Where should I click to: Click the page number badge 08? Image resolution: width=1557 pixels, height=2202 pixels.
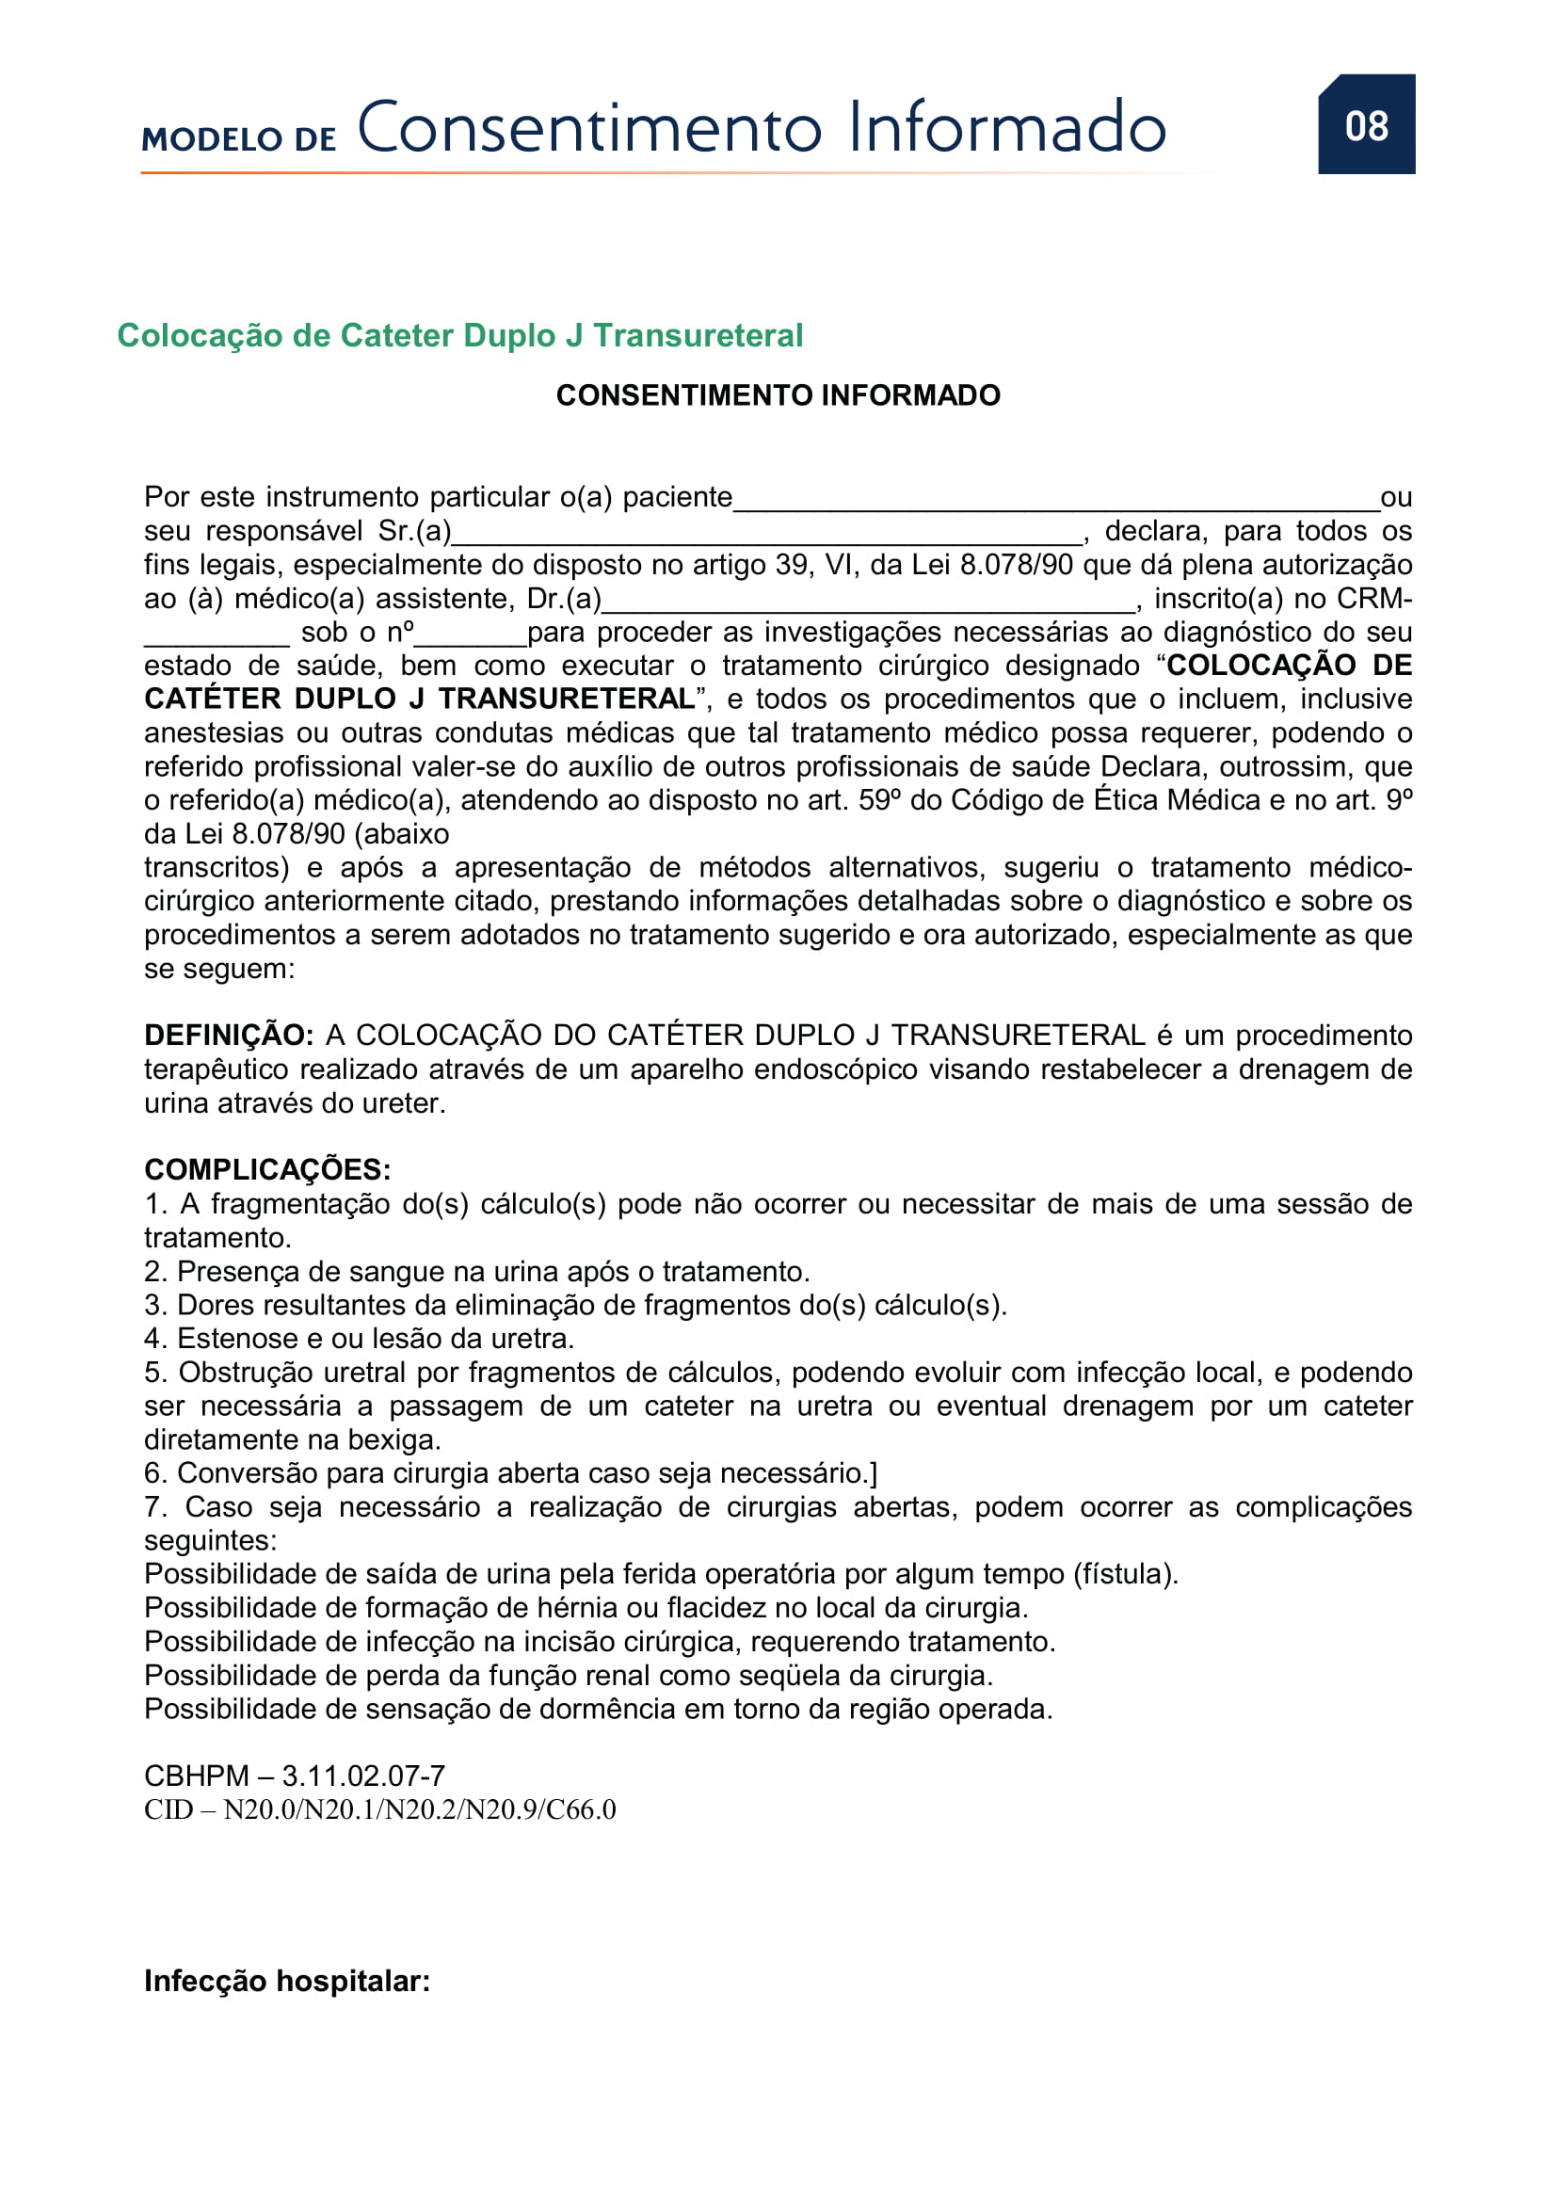click(x=1365, y=125)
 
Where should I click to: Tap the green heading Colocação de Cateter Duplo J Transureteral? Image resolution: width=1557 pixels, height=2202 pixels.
click(x=459, y=336)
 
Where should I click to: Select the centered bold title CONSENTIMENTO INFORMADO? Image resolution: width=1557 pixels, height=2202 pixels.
click(x=778, y=395)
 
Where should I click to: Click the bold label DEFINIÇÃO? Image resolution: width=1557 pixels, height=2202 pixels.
click(x=228, y=1036)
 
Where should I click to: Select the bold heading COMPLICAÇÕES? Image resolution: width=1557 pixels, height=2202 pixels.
click(x=267, y=1170)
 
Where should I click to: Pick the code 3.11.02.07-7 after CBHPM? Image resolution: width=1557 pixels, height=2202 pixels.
click(x=363, y=1776)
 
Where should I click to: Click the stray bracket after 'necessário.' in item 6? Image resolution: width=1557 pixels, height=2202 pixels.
click(x=873, y=1473)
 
